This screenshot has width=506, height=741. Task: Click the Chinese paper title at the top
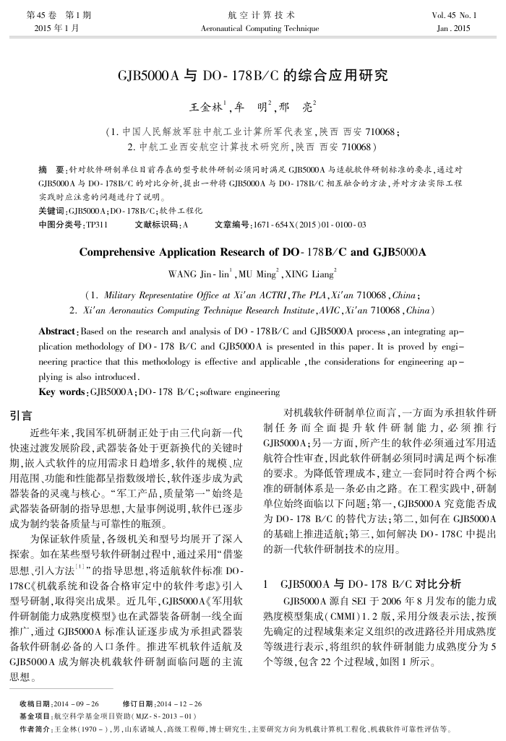pos(253,75)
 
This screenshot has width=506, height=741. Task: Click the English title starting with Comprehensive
pos(252,253)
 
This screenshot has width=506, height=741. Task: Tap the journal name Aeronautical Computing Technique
pos(253,28)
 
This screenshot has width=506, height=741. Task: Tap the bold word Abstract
pos(56,331)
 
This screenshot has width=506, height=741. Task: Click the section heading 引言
pos(20,415)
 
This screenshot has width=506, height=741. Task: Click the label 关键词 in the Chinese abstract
pos(51,211)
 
